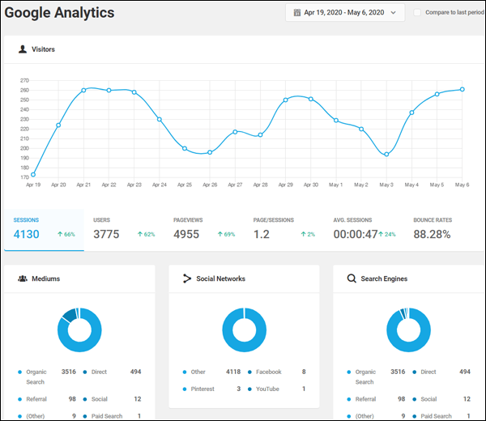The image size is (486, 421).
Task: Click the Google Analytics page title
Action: tap(60, 14)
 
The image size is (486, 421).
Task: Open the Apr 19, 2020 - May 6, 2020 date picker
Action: tap(345, 13)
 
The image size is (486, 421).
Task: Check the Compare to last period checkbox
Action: tap(418, 13)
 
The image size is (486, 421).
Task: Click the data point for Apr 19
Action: tap(32, 175)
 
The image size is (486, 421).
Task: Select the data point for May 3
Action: tap(386, 155)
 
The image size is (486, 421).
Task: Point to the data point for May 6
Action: tap(463, 89)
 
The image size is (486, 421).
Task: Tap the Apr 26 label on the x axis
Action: tap(210, 185)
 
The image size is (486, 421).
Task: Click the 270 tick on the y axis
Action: tap(24, 81)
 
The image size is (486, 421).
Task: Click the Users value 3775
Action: tap(111, 234)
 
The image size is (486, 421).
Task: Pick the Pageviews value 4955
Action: tap(191, 234)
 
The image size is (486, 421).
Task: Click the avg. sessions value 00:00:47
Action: tap(356, 234)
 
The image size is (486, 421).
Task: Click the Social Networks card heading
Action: tap(222, 279)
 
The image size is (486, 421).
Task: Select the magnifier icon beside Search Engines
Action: tap(352, 279)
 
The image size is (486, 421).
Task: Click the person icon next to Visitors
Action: tap(22, 49)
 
